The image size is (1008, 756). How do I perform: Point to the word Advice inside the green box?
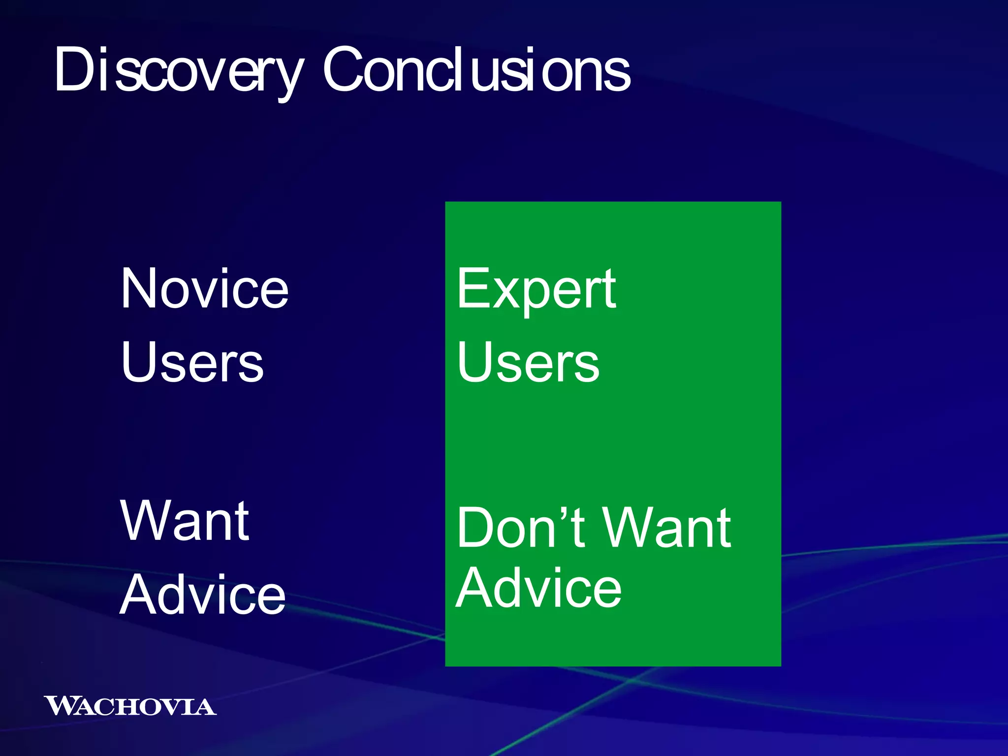click(538, 588)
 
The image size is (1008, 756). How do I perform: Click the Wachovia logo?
click(130, 706)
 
